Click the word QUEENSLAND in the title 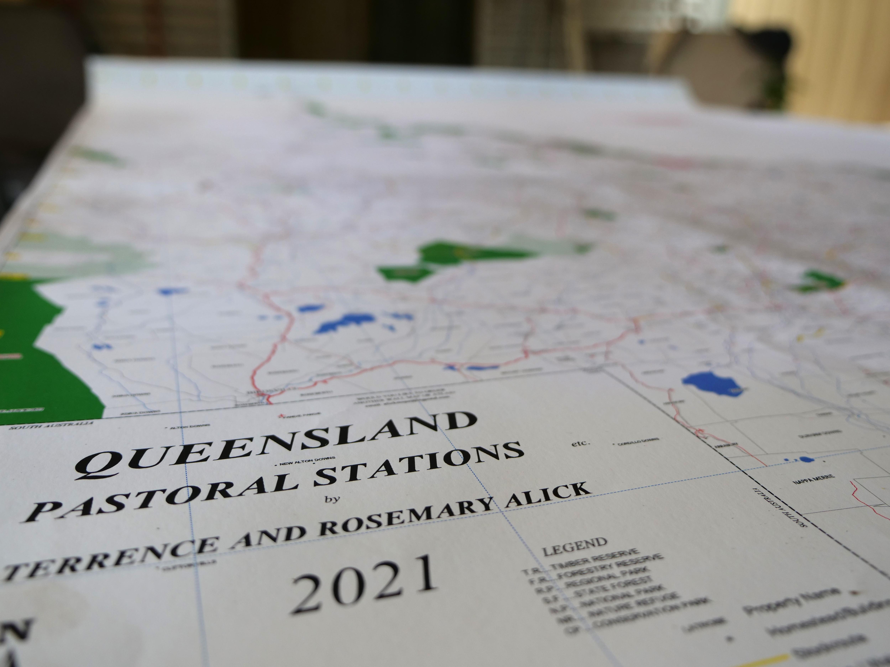[278, 444]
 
